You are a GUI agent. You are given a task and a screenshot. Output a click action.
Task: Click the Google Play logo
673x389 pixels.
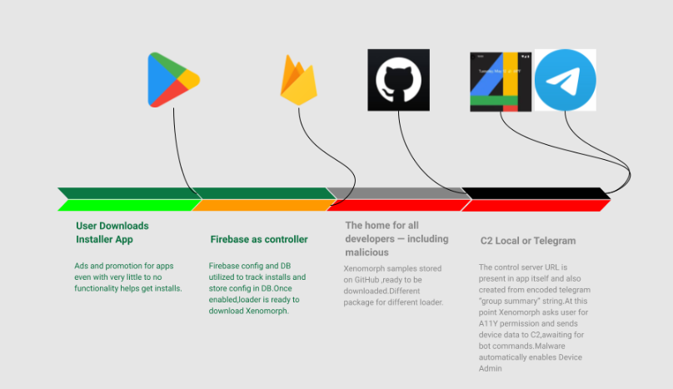pos(173,80)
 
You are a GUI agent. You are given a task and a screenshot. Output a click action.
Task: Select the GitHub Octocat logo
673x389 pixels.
pos(399,80)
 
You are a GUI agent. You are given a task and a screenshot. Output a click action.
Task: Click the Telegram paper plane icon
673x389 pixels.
pos(566,80)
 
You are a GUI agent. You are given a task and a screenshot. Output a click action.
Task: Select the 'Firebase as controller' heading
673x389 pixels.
pos(259,240)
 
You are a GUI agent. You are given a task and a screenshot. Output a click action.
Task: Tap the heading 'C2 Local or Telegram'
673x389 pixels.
pos(528,241)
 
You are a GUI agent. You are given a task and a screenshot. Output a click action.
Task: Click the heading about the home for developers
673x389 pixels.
pos(396,238)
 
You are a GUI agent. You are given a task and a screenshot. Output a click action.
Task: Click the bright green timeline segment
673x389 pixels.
pos(125,205)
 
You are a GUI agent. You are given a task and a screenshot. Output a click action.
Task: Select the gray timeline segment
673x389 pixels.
pos(391,193)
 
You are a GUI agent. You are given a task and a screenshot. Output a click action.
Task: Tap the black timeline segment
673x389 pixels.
pos(533,193)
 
